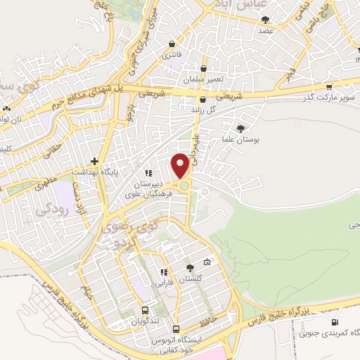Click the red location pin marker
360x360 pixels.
pos(180,165)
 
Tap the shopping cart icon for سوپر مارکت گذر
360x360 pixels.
pos(328,87)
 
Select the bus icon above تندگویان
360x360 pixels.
pos(145,310)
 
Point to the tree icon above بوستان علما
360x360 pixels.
pos(241,129)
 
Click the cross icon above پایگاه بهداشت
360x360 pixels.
pos(94,161)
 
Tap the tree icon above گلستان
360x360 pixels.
pos(190,267)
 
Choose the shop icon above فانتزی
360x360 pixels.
pos(169,44)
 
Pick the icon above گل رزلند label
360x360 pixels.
pos(202,99)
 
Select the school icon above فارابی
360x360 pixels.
pos(163,273)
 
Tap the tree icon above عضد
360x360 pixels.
pos(265,20)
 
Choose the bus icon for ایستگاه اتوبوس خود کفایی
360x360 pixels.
pos(176,329)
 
